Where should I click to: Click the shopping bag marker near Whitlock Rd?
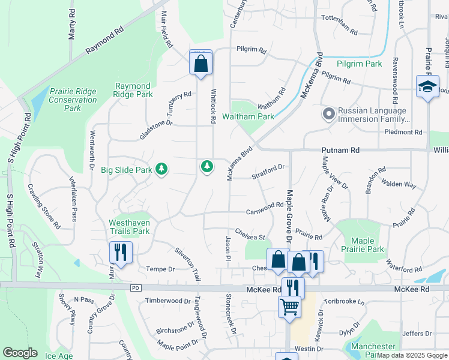201,63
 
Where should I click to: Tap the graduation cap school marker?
427,87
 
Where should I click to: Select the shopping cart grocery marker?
289,307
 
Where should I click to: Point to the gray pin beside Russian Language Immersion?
328,113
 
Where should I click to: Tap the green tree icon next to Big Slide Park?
161,170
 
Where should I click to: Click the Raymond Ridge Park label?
134,91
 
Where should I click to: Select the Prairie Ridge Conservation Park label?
73,100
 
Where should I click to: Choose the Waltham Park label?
249,116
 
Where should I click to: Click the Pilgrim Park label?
359,64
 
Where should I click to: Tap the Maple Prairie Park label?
362,245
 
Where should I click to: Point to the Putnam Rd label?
347,150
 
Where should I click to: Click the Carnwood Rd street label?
265,208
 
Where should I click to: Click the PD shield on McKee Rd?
135,288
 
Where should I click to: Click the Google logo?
20,353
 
